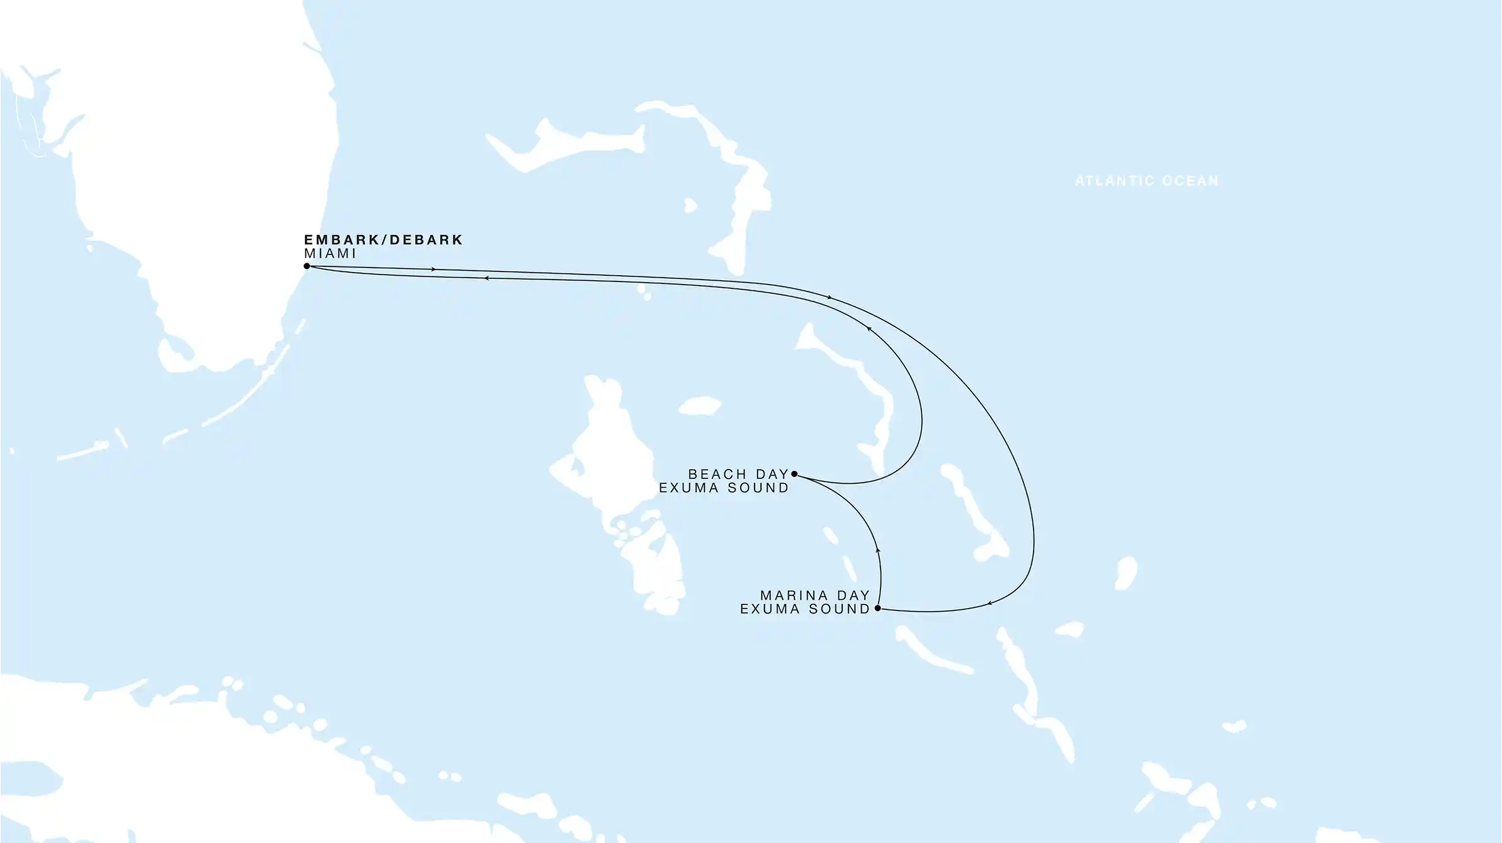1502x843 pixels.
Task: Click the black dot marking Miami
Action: pos(307,266)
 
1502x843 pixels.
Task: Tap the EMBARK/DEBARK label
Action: pos(383,240)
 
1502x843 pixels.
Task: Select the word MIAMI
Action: pos(330,254)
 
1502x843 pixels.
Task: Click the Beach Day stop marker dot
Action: pos(794,474)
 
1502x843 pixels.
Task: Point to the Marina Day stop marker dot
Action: pos(877,608)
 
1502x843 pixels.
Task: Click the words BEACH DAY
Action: pos(738,474)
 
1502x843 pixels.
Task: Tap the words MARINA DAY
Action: pos(815,595)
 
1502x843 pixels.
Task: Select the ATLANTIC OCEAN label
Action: pos(1146,181)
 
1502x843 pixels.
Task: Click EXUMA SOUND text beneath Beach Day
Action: pos(724,488)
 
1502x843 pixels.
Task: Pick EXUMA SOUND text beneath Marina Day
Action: pos(805,609)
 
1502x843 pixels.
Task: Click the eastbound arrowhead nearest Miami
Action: pos(433,270)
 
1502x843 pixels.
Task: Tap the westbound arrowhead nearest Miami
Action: pos(486,278)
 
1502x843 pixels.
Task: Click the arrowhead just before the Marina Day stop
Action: pos(990,604)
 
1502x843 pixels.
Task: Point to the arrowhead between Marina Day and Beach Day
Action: pos(878,550)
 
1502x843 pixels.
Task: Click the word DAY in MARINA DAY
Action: pos(853,595)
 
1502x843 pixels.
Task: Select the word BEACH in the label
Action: pos(717,474)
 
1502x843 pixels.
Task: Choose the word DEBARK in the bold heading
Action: pos(426,240)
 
